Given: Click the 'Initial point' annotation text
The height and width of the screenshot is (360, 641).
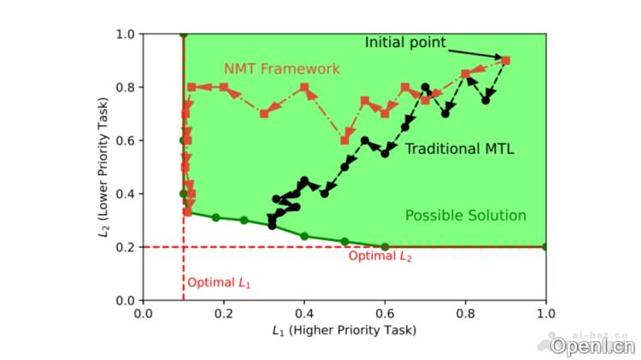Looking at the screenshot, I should click(405, 42).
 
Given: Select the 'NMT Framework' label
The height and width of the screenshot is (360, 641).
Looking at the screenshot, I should click(281, 68).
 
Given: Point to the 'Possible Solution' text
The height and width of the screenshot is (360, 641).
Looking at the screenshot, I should click(465, 215).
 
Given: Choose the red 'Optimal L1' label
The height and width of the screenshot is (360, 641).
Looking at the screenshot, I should click(220, 282).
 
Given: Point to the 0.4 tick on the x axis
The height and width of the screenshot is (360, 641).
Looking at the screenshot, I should click(304, 313).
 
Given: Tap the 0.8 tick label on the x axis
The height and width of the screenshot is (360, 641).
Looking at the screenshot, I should click(465, 313).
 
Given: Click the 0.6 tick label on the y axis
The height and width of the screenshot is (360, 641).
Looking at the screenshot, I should click(125, 140).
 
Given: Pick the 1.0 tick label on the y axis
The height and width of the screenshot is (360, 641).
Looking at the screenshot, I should click(125, 34).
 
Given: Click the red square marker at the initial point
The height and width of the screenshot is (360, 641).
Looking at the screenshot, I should click(505, 61).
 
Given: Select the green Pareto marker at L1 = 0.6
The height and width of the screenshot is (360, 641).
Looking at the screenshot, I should click(385, 246).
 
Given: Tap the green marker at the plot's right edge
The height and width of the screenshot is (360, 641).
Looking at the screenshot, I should click(545, 246).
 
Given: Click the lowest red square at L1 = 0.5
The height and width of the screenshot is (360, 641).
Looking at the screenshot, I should click(345, 140).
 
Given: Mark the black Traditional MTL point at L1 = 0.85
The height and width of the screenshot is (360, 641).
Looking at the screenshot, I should click(485, 100).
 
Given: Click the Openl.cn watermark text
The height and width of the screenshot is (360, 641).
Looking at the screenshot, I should click(592, 346).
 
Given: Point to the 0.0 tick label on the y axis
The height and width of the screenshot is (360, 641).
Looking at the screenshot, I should click(125, 300).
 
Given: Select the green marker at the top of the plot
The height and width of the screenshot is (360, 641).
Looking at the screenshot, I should click(184, 34).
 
